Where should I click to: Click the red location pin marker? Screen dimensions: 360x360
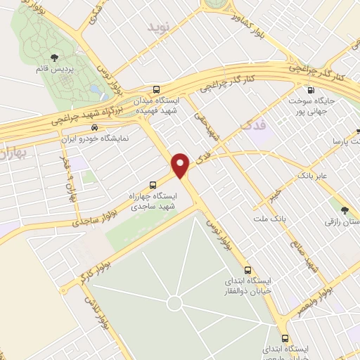coord(181,165)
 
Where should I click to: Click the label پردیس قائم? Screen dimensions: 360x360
coord(53,71)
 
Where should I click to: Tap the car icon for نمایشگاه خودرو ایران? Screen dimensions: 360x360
coord(94,127)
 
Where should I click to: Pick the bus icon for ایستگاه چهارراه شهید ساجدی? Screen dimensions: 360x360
coord(154,184)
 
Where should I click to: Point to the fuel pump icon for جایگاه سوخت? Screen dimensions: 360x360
coord(311,90)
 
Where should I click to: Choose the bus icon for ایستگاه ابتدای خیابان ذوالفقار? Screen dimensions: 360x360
coord(247,270)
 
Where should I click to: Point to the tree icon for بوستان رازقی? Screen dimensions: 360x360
coord(344,210)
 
